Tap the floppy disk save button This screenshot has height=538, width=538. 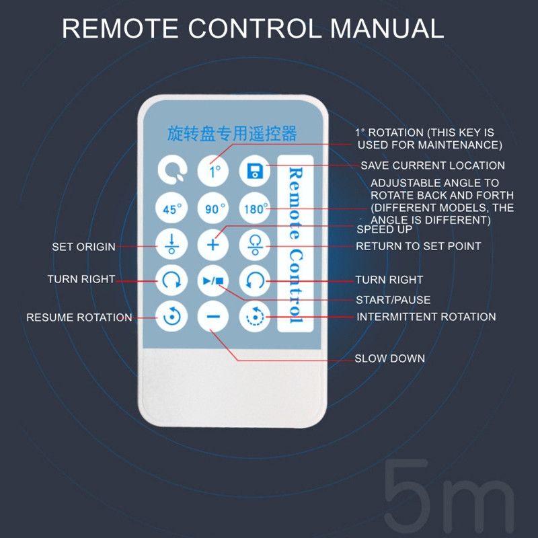(x=255, y=171)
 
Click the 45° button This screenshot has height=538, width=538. (x=171, y=208)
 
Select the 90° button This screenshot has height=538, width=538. (x=213, y=208)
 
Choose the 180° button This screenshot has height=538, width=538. (x=255, y=208)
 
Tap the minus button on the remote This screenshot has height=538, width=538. (x=213, y=316)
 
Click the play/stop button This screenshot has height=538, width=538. (x=213, y=280)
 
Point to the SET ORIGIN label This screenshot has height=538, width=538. (x=83, y=247)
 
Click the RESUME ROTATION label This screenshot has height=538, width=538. (x=79, y=317)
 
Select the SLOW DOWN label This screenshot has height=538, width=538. (x=390, y=358)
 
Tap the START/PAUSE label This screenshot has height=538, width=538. (x=393, y=300)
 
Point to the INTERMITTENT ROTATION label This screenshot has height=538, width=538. (x=426, y=317)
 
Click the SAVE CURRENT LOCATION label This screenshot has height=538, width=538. (x=432, y=165)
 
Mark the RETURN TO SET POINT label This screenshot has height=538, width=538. (x=418, y=246)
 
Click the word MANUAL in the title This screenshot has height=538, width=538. (x=387, y=28)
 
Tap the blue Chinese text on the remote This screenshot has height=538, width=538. (x=232, y=133)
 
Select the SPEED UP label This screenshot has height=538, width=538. (x=384, y=229)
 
